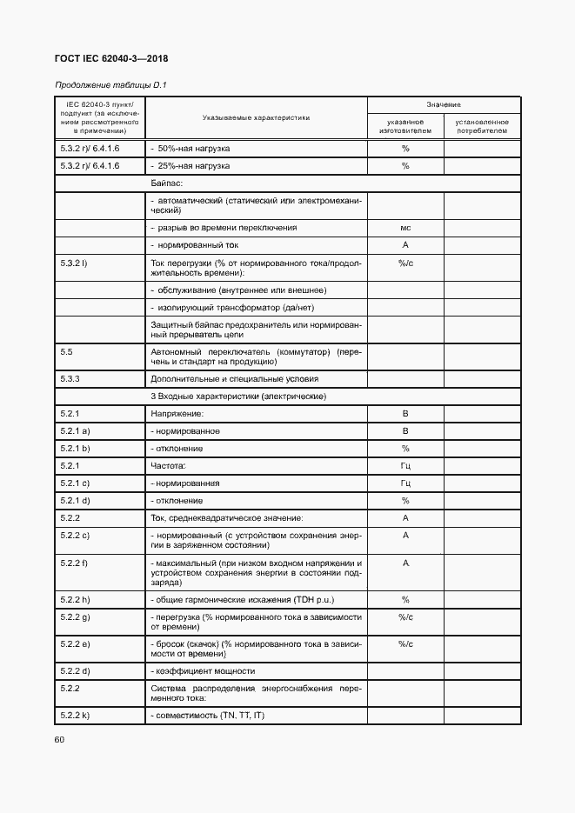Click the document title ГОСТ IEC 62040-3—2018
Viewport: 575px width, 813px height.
111,58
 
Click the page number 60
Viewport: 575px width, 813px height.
60,740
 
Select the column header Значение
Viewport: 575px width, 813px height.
443,103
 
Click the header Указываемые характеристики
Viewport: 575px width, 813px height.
256,117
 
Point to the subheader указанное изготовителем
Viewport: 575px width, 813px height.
405,127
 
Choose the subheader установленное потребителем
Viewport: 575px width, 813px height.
481,127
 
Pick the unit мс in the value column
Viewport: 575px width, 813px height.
405,227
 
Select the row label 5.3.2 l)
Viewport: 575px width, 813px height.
73,262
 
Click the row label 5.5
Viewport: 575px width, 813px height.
66,352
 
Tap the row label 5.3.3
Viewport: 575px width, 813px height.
70,379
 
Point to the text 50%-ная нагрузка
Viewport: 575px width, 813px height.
191,149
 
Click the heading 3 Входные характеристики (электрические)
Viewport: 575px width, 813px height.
238,397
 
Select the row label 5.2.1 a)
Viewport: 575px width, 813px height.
76,431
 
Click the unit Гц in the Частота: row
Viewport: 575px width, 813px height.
405,466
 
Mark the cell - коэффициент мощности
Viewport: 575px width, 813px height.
203,671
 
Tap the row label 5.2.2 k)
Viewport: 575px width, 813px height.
76,715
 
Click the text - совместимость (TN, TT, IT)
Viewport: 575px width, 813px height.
210,715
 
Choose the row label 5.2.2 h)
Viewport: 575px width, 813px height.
76,600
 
